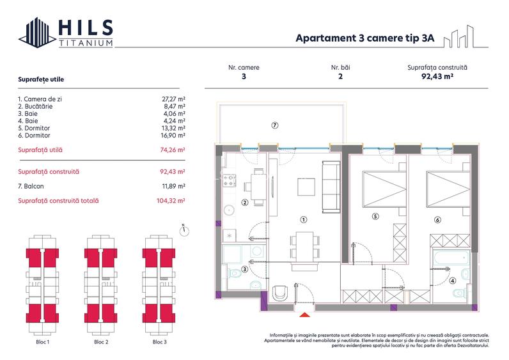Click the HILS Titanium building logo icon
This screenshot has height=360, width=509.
37,33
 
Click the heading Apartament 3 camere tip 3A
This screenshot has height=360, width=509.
365,38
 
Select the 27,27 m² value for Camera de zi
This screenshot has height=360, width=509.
173,99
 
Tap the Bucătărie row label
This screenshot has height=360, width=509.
35,106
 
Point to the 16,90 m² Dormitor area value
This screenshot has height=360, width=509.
173,136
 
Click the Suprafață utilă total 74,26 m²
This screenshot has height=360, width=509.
173,150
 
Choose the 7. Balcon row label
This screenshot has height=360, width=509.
31,186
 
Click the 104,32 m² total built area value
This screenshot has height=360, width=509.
171,201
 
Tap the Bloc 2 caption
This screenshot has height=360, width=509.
101,342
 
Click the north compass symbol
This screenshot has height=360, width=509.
184,230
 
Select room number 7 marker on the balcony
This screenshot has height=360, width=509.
274,125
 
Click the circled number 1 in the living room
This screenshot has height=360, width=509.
304,220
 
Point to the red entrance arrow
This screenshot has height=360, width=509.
304,315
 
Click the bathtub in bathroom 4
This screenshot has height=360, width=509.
451,259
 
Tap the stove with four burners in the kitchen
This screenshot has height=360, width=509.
229,181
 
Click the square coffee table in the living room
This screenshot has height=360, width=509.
306,187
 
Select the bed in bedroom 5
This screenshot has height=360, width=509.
384,189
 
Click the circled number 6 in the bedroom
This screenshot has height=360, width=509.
437,220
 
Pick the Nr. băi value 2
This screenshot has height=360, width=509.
340,77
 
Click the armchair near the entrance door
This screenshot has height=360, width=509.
280,293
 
